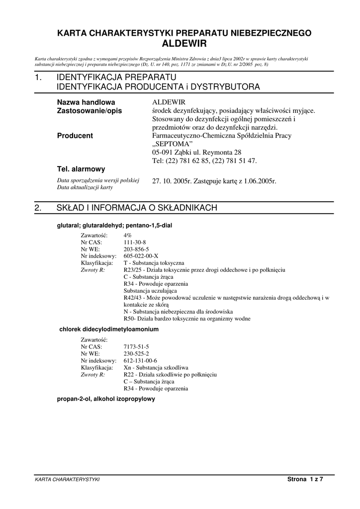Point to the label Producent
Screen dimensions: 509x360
(x=75, y=136)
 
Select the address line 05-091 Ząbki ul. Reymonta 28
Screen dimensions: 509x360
(x=196, y=153)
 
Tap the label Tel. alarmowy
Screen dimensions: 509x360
(x=81, y=169)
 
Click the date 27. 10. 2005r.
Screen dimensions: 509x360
(x=172, y=181)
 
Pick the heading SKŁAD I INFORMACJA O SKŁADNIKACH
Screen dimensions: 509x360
(x=137, y=208)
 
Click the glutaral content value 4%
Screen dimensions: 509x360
(x=128, y=235)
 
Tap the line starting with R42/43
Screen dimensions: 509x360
(x=226, y=298)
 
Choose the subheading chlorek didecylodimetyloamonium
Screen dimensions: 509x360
(x=109, y=329)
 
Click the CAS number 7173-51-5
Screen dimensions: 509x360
(x=136, y=346)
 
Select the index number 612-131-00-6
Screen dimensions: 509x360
(x=140, y=360)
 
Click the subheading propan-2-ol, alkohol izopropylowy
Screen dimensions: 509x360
(x=106, y=399)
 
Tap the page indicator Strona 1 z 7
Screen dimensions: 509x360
(x=305, y=479)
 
